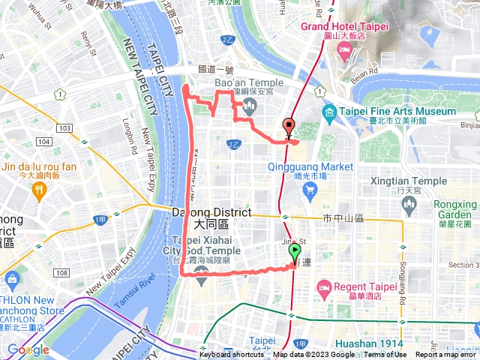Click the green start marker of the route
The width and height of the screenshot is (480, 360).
[x=295, y=253]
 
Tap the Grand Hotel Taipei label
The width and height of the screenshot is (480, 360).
[x=344, y=26]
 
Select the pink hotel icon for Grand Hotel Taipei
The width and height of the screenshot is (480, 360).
[x=346, y=51]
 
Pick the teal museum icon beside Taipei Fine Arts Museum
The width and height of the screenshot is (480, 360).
[x=328, y=112]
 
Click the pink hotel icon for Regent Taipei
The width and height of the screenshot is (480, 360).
[x=325, y=287]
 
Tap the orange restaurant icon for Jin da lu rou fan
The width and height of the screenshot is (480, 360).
[x=38, y=191]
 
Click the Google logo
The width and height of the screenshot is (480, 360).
[x=28, y=349]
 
